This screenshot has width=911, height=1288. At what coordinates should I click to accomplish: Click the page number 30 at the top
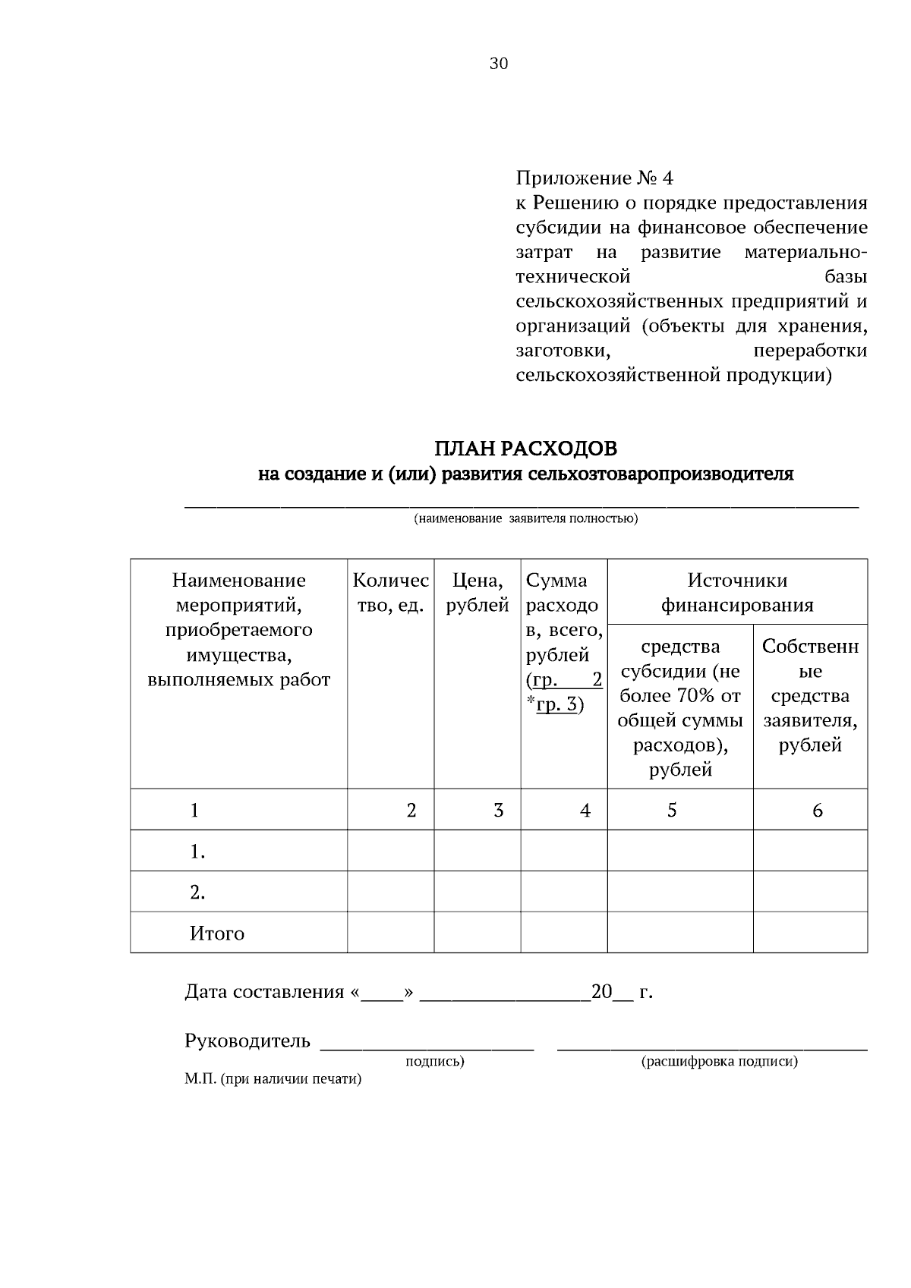tap(499, 64)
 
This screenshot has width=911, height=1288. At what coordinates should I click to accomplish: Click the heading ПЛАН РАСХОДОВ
tap(525, 449)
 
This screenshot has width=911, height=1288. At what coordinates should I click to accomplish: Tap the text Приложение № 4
tap(594, 178)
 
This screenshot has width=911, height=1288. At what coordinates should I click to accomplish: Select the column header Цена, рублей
tap(477, 593)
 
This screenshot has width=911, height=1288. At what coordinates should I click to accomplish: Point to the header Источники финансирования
tap(737, 593)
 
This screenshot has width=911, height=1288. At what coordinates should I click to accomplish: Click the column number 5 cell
tap(672, 810)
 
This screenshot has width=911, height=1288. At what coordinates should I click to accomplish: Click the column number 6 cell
tap(817, 810)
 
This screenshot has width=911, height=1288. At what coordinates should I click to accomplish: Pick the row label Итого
tap(217, 933)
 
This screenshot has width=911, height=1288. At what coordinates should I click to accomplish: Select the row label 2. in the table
tap(197, 892)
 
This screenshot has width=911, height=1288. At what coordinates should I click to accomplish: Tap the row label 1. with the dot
tap(197, 852)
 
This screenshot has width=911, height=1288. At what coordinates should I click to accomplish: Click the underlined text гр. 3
tap(556, 704)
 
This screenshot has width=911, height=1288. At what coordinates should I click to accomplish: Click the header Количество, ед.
tap(390, 593)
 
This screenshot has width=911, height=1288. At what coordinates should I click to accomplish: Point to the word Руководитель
tap(247, 1041)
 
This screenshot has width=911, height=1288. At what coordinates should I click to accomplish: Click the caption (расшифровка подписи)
tap(719, 1061)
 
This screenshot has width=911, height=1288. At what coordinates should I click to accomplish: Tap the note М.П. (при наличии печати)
tap(273, 1079)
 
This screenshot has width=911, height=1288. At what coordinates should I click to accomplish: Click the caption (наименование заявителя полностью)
tap(525, 519)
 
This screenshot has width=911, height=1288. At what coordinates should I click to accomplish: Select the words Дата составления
tap(264, 992)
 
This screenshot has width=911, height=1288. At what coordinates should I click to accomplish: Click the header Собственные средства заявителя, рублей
tap(810, 695)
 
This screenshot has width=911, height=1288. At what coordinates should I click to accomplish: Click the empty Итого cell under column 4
tap(563, 933)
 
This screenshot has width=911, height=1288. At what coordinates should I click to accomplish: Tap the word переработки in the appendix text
tap(809, 351)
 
